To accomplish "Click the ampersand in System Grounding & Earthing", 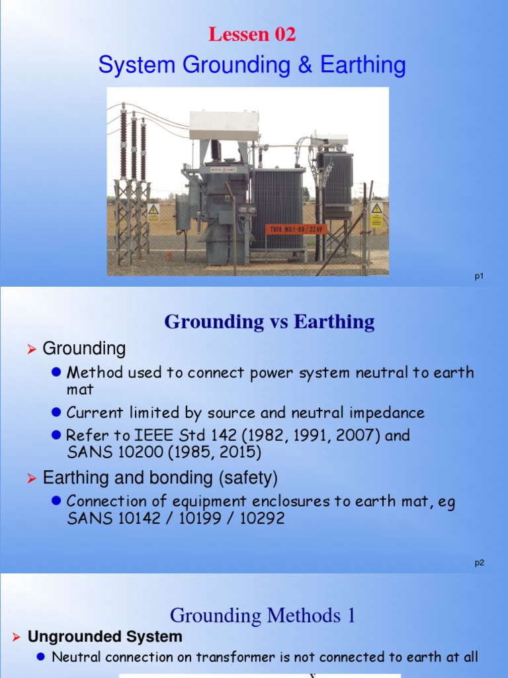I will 305,66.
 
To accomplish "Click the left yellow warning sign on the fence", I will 153,213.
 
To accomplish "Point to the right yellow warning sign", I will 376,215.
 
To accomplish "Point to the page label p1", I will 479,277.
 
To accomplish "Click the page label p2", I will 479,563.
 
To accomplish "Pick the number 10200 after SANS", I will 132,453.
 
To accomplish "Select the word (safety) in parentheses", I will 245,477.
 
